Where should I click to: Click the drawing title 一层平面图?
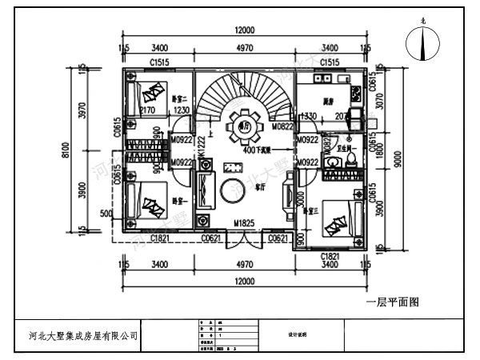pos(393,302)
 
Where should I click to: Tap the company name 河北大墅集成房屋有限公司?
pos(77,336)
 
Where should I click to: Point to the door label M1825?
pos(244,223)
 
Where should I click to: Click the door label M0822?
pos(282,126)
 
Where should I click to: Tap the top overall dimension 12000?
pos(244,30)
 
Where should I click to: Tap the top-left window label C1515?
pos(161,62)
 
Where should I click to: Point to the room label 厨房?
pos(329,102)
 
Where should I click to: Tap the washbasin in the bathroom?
pos(332,161)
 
